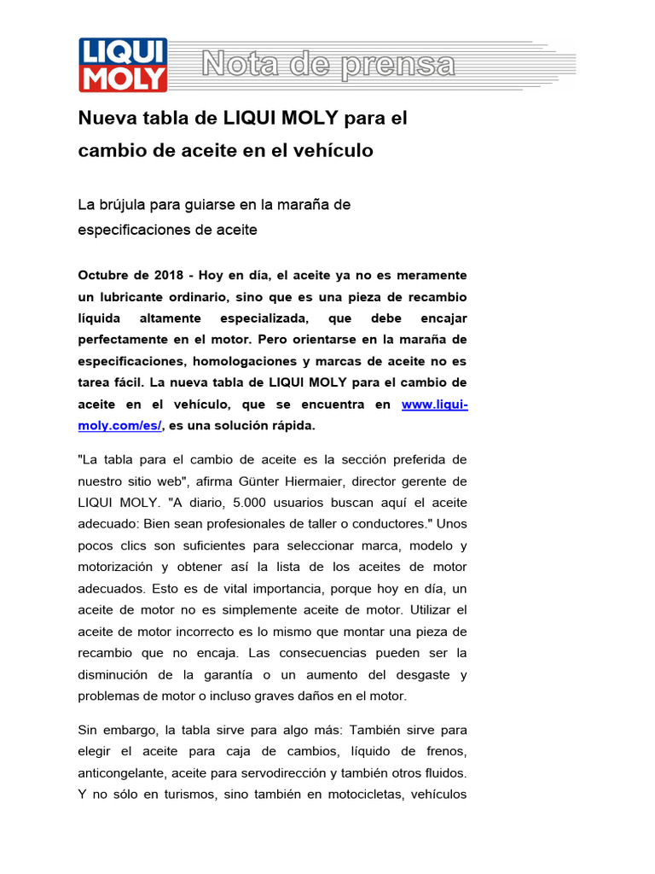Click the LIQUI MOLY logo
[x=123, y=65]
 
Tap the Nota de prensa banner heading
[x=327, y=65]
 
